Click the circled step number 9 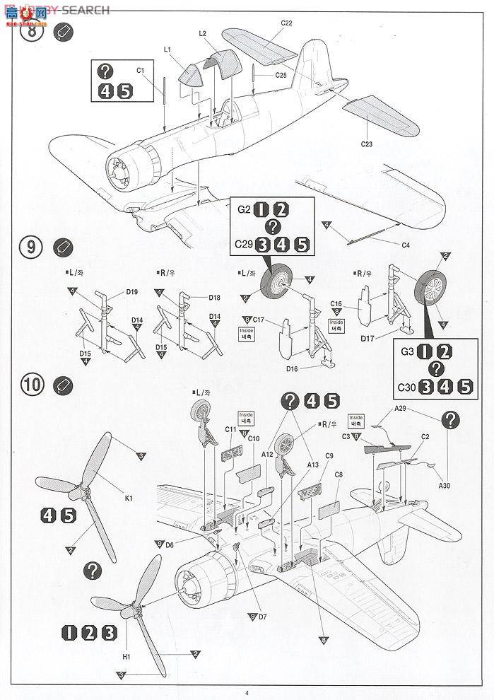pyautogui.click(x=31, y=248)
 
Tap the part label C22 pyautogui.click(x=286, y=23)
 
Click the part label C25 pyautogui.click(x=281, y=75)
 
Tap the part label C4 pyautogui.click(x=406, y=245)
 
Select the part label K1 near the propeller pyautogui.click(x=129, y=498)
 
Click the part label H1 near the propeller pyautogui.click(x=127, y=658)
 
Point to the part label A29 pyautogui.click(x=401, y=408)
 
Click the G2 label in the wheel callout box pyautogui.click(x=244, y=209)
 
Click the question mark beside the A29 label pyautogui.click(x=448, y=420)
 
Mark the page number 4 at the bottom pyautogui.click(x=247, y=692)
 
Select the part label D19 pyautogui.click(x=132, y=291)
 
